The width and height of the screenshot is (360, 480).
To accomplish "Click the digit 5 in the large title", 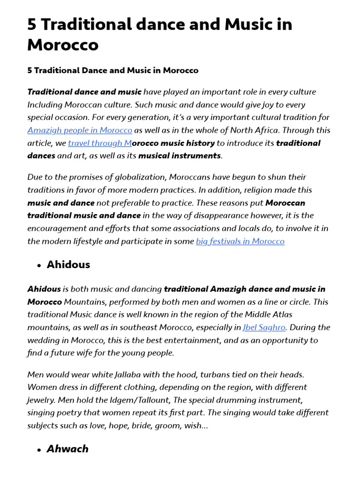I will click(32, 24).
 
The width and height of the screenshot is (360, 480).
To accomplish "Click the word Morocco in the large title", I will click(63, 45).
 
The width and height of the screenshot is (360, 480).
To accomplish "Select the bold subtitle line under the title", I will click(112, 70).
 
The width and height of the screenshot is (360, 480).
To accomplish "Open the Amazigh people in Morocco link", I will click(80, 130).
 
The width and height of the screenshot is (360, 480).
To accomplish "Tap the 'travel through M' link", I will click(100, 143).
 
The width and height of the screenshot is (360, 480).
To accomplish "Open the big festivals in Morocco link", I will click(240, 241).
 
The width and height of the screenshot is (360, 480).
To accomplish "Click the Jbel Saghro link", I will click(264, 327).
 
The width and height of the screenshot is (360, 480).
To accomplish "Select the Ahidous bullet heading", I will click(68, 264).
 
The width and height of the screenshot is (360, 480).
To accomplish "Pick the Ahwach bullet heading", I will click(67, 449).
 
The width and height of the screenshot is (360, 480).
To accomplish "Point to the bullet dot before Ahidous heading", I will click(39, 265).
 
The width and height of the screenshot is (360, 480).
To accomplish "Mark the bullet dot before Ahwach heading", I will click(39, 450).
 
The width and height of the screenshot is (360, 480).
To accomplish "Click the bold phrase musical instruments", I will click(179, 156).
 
